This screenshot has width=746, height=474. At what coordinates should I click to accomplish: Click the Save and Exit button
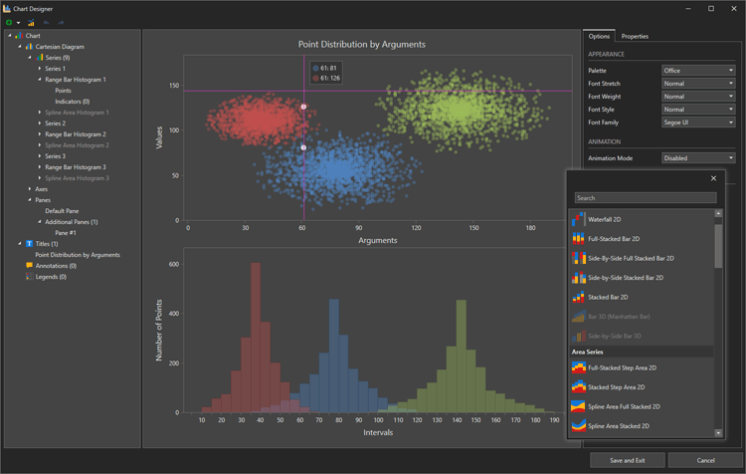pyautogui.click(x=627, y=460)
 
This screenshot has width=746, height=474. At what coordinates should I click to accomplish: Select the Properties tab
pyautogui.click(x=635, y=36)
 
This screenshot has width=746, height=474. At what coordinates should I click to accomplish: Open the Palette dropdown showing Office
pyautogui.click(x=698, y=71)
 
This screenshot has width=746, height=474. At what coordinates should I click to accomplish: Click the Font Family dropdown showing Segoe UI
pyautogui.click(x=698, y=122)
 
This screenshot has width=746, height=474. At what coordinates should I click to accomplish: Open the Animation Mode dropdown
pyautogui.click(x=698, y=158)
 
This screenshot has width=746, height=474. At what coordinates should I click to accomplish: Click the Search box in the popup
pyautogui.click(x=645, y=198)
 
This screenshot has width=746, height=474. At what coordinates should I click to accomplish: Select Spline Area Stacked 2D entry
pyautogui.click(x=618, y=426)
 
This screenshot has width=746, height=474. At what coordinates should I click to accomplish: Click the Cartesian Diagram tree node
pyautogui.click(x=60, y=47)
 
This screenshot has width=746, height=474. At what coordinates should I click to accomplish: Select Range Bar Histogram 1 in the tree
pyautogui.click(x=75, y=80)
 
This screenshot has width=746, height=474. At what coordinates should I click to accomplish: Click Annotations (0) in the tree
pyautogui.click(x=56, y=266)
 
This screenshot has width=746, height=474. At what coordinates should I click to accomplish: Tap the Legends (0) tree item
pyautogui.click(x=50, y=277)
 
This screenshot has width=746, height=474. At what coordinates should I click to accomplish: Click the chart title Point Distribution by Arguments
pyautogui.click(x=362, y=45)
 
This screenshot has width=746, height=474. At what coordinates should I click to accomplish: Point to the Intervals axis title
pyautogui.click(x=378, y=432)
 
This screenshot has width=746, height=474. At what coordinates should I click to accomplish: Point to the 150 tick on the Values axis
pyautogui.click(x=174, y=87)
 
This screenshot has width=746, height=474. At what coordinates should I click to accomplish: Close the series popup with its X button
pyautogui.click(x=713, y=179)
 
